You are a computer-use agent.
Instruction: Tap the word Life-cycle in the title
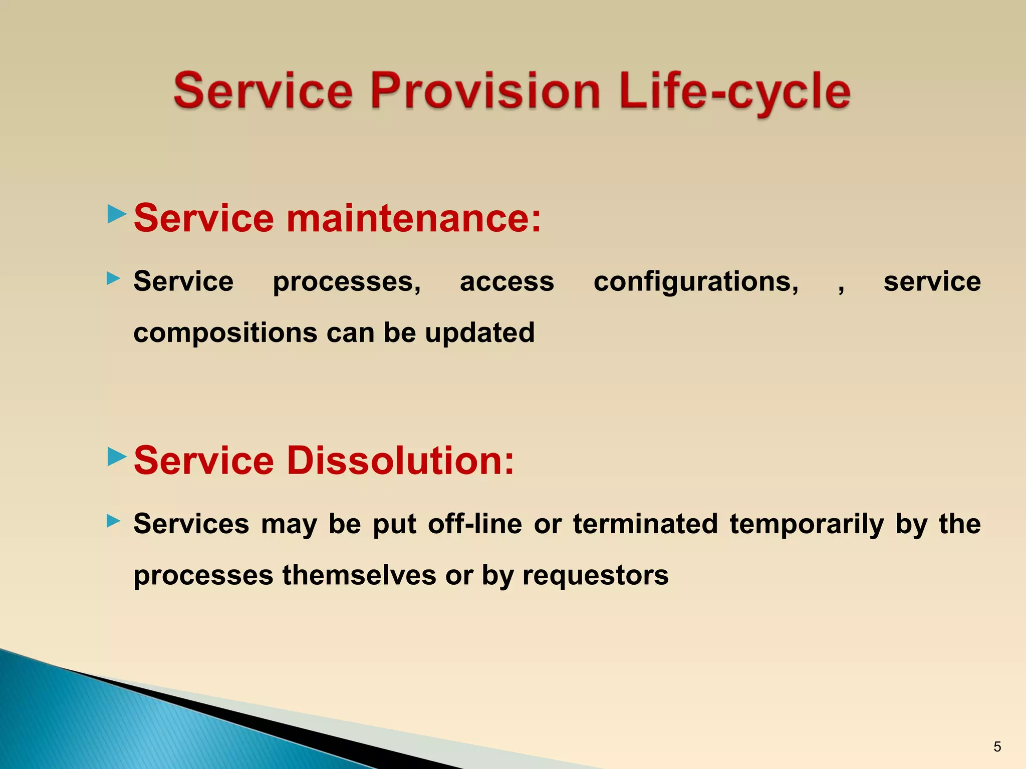(734, 91)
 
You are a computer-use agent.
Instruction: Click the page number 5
(997, 747)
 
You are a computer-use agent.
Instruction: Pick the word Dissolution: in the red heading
(400, 461)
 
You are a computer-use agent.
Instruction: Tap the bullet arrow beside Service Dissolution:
(117, 456)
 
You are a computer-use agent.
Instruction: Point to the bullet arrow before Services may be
(114, 521)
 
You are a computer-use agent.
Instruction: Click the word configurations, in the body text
(696, 282)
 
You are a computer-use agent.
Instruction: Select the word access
(507, 282)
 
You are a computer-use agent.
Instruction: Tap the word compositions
(225, 333)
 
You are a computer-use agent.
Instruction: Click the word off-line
(475, 524)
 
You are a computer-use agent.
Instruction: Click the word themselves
(359, 575)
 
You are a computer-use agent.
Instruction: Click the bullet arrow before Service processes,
(114, 278)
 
